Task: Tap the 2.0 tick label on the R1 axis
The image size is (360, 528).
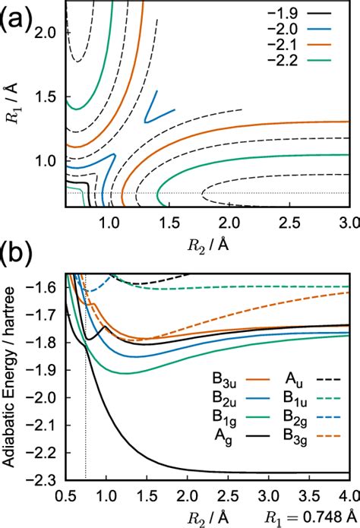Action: pyautogui.click(x=49, y=34)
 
